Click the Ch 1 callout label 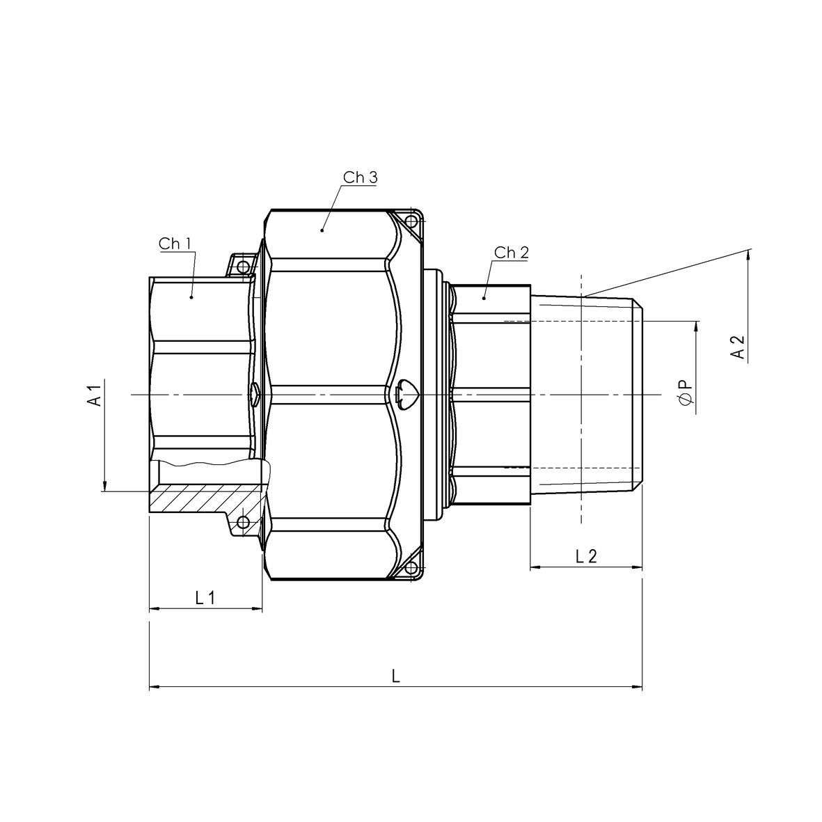click(175, 244)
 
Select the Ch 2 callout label click(511, 253)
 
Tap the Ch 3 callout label click(360, 177)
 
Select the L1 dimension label click(205, 597)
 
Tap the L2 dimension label click(586, 556)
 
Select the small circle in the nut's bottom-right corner click(411, 567)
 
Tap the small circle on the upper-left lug click(243, 267)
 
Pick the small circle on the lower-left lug click(243, 522)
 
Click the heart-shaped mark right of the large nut click(406, 394)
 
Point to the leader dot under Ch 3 click(322, 229)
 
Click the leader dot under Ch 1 click(191, 297)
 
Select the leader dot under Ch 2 click(484, 298)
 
